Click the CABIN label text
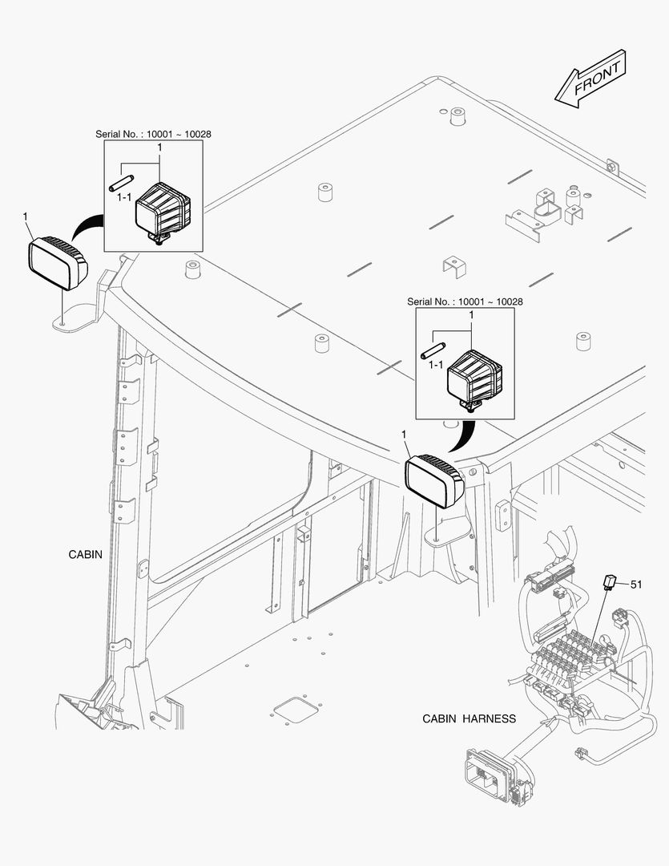coord(85,554)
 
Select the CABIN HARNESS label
coord(469,718)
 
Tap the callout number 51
coord(635,585)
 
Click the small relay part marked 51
coord(611,581)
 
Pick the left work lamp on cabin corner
coord(58,260)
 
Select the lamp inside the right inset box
coord(474,377)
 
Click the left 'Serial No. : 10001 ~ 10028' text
coord(153,134)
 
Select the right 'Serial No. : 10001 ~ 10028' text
coord(465,301)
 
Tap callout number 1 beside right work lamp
coord(404,434)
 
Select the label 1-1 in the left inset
coord(124,196)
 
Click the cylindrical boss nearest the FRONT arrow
coord(457,119)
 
